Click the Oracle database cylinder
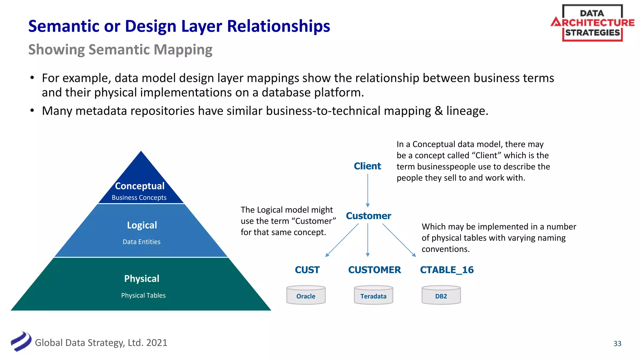pyautogui.click(x=306, y=295)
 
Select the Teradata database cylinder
pyautogui.click(x=373, y=295)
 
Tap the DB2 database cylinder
pyautogui.click(x=441, y=295)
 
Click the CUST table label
pyautogui.click(x=307, y=270)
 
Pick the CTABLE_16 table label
pyautogui.click(x=447, y=270)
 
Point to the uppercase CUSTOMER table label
pyautogui.click(x=374, y=270)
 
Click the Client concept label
pyautogui.click(x=367, y=166)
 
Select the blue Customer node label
pyautogui.click(x=368, y=216)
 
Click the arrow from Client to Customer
pyautogui.click(x=367, y=190)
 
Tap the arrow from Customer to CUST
pyautogui.click(x=342, y=240)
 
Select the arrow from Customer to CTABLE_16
pyautogui.click(x=399, y=240)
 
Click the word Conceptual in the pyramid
pyautogui.click(x=139, y=186)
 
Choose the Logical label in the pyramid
pyautogui.click(x=142, y=225)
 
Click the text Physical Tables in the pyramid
pyautogui.click(x=143, y=295)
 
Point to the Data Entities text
pyautogui.click(x=141, y=242)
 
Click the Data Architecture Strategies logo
pyautogui.click(x=592, y=23)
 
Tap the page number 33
pyautogui.click(x=617, y=343)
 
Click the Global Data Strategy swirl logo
pyautogui.click(x=21, y=342)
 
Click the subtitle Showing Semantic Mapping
pyautogui.click(x=120, y=50)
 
